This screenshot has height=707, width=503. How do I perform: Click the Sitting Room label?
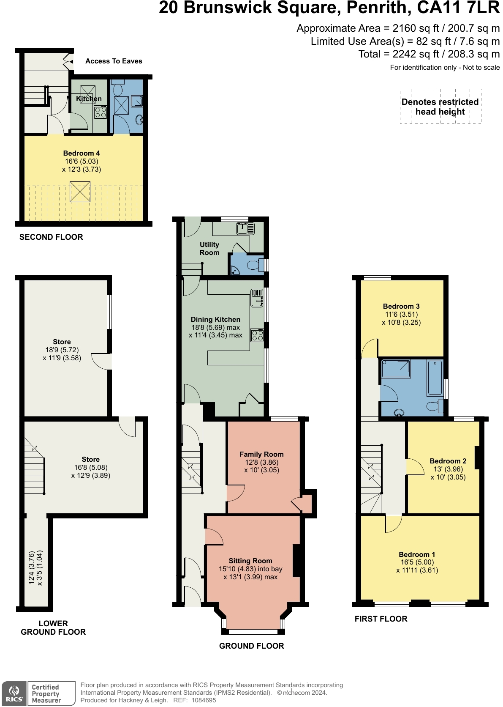(x=250, y=561)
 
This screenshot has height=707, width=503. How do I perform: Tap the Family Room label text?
(x=261, y=454)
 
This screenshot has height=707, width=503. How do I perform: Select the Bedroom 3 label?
(x=401, y=306)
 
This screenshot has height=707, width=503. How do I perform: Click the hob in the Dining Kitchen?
(x=257, y=336)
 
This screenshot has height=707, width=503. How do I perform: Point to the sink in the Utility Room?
(x=245, y=228)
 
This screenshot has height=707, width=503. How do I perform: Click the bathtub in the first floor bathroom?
(x=435, y=377)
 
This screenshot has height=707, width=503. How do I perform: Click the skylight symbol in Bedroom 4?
(x=80, y=192)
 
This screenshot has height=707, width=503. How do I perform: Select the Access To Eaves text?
(x=114, y=61)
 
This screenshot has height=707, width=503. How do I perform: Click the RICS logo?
(x=14, y=694)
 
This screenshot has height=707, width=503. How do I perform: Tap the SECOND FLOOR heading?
(x=51, y=237)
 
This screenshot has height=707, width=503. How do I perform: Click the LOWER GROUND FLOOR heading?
(x=53, y=628)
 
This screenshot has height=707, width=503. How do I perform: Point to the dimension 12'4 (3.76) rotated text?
(x=32, y=568)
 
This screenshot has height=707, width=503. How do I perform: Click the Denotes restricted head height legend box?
(x=440, y=107)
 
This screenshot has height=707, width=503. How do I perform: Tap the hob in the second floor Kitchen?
(x=100, y=112)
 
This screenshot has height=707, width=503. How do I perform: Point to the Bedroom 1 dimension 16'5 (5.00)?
(x=417, y=562)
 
